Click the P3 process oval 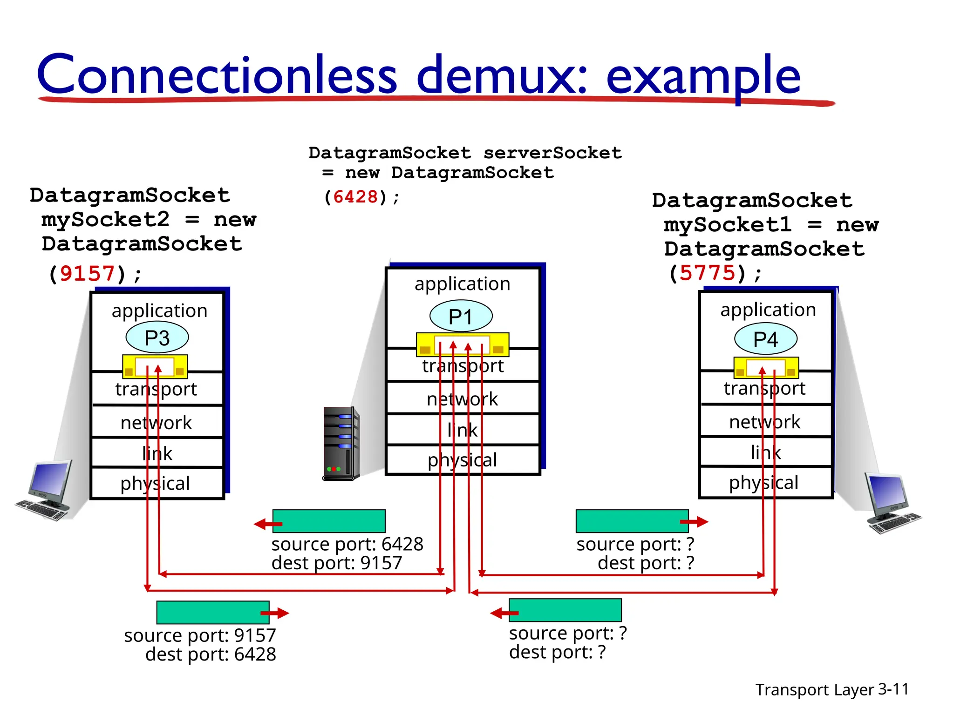157,338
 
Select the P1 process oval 461,317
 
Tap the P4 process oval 765,339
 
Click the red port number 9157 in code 87,273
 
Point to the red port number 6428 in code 355,197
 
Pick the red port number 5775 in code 707,273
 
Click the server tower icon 341,444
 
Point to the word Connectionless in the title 217,74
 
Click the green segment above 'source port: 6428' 329,521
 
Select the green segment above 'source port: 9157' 213,613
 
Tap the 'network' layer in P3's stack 157,423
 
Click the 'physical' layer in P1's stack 462,460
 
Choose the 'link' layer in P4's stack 765,452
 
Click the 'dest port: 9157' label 336,563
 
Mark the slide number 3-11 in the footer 893,689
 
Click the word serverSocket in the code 552,153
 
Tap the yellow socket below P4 766,368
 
